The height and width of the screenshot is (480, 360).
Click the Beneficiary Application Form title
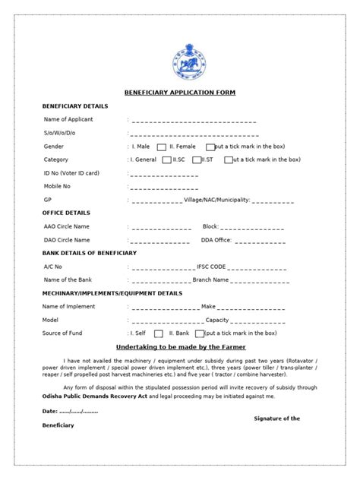click(180, 93)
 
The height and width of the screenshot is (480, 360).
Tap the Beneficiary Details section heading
click(75, 106)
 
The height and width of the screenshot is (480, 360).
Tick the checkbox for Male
click(162, 147)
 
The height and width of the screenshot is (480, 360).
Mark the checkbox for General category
click(166, 160)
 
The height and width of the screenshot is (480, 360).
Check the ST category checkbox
click(227, 160)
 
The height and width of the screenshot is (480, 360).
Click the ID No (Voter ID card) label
click(73, 173)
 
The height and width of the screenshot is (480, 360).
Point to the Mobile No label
click(58, 186)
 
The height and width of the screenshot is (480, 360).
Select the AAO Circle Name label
click(67, 226)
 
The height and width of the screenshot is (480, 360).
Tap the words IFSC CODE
click(210, 267)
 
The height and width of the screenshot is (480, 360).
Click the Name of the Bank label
click(68, 279)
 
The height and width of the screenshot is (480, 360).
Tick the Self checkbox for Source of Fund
click(159, 333)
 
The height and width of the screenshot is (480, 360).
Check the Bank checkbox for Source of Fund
click(200, 333)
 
